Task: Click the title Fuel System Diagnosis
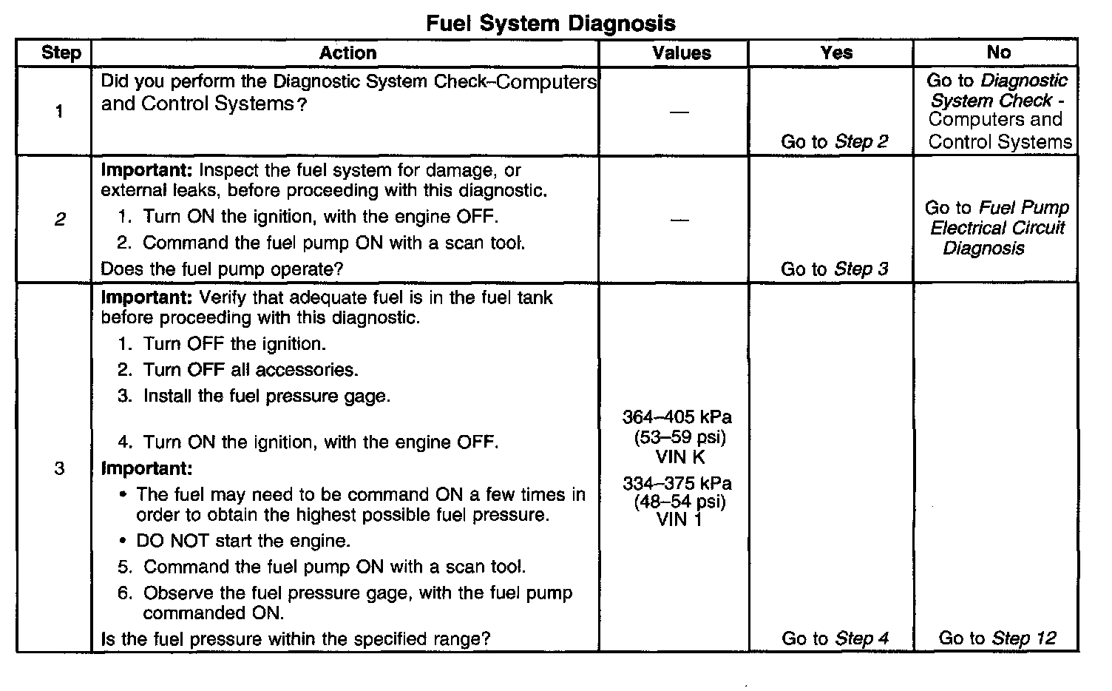point(551,23)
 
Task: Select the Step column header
point(61,53)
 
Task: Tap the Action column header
point(347,53)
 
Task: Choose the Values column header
point(681,53)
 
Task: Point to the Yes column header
point(836,53)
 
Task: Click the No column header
point(998,52)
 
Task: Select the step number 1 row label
point(59,111)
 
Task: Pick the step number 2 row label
point(60,219)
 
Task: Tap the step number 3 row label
point(60,468)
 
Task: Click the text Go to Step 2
point(834,141)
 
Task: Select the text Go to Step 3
point(834,269)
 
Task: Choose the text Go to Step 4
point(835,638)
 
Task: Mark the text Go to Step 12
point(997,638)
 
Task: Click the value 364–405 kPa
point(677,417)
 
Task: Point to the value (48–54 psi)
point(679,502)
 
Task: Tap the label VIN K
point(680,456)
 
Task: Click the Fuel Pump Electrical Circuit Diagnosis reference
point(997,228)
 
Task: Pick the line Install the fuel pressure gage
point(266,396)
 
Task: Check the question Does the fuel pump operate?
point(222,269)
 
